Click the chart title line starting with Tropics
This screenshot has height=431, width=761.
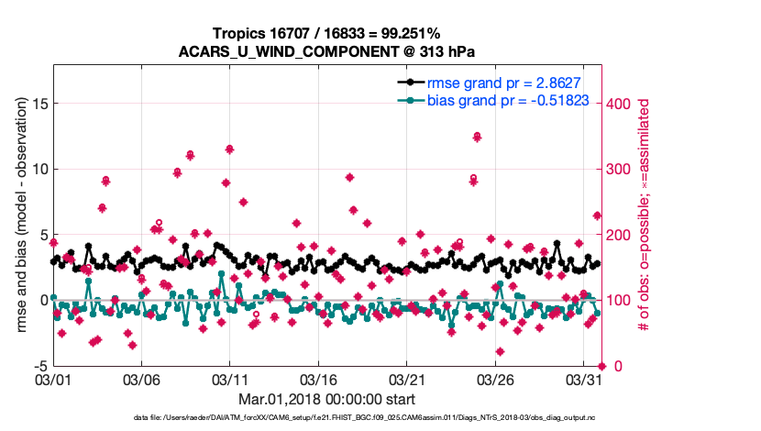326,33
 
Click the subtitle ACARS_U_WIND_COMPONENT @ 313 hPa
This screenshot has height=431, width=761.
326,51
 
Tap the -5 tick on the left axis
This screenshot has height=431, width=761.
40,366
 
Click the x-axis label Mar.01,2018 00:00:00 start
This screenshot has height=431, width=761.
326,399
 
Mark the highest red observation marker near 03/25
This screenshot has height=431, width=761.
478,137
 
